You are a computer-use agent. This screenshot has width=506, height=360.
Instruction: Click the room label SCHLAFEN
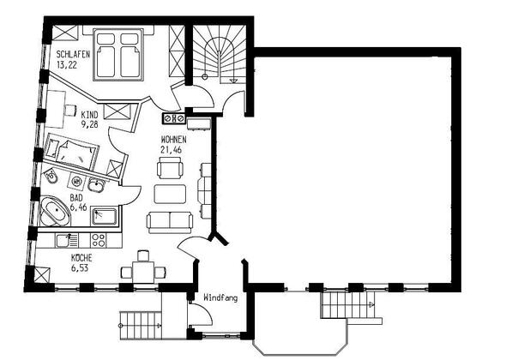click(73, 54)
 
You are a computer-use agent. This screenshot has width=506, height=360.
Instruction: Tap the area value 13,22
click(67, 65)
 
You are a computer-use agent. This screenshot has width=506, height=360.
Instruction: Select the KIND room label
click(89, 115)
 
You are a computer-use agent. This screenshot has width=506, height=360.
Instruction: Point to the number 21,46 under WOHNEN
click(171, 150)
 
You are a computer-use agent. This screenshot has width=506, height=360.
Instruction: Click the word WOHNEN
click(173, 140)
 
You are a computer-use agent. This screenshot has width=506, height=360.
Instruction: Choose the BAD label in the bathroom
click(76, 197)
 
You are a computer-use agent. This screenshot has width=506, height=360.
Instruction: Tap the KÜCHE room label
click(81, 258)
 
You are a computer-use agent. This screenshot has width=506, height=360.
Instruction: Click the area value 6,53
click(80, 267)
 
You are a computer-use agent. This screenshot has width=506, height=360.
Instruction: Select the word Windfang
click(220, 297)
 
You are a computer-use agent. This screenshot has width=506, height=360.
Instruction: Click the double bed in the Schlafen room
click(118, 55)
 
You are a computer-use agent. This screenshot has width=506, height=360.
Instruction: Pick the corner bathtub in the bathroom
click(55, 212)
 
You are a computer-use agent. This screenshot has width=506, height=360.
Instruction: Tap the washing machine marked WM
click(77, 182)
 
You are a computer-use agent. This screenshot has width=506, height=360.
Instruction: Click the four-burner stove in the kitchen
click(99, 240)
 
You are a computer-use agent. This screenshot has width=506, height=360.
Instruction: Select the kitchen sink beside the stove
click(67, 241)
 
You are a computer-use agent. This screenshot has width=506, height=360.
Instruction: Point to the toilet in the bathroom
click(51, 176)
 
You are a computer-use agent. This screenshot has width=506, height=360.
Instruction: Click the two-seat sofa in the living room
click(170, 222)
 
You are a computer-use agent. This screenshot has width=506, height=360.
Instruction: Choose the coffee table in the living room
click(170, 194)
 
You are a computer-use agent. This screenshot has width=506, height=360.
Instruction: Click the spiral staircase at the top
click(219, 54)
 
